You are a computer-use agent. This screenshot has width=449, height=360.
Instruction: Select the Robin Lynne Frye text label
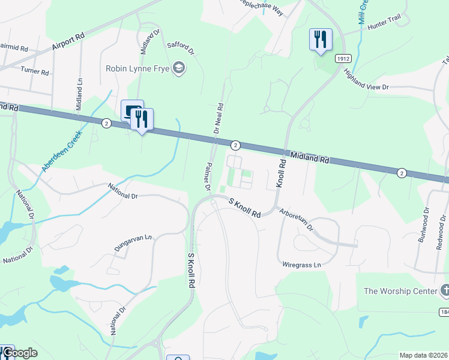tap(137, 68)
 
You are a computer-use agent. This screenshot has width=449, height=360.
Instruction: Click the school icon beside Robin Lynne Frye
tap(178, 68)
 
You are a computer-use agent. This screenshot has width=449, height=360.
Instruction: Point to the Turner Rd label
tap(34, 70)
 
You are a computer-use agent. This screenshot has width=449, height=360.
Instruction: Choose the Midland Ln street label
tap(79, 93)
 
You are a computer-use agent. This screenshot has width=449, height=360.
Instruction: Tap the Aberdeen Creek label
tap(61, 153)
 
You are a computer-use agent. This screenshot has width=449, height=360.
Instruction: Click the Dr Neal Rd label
tap(220, 118)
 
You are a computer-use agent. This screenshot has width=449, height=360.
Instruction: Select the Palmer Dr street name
tap(208, 176)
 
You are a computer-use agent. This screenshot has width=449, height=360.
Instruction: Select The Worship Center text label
tap(401, 291)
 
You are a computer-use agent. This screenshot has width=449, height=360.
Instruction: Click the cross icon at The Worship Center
tap(445, 291)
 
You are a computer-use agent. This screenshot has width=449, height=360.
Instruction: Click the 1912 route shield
tap(343, 59)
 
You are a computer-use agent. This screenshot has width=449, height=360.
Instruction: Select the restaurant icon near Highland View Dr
tap(319, 40)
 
